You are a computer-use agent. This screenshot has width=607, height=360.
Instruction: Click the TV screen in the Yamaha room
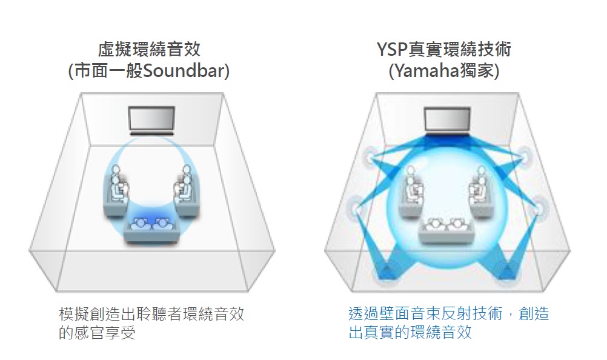coord(447,119)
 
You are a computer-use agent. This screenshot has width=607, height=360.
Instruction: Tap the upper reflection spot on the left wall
coord(370,160)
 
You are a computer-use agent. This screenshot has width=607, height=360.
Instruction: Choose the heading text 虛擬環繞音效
coord(150,49)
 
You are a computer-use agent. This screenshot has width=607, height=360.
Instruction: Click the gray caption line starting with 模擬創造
coord(151,314)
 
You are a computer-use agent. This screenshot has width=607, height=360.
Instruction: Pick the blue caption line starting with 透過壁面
coord(448,314)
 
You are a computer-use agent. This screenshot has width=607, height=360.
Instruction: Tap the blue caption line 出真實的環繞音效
coord(410,333)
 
